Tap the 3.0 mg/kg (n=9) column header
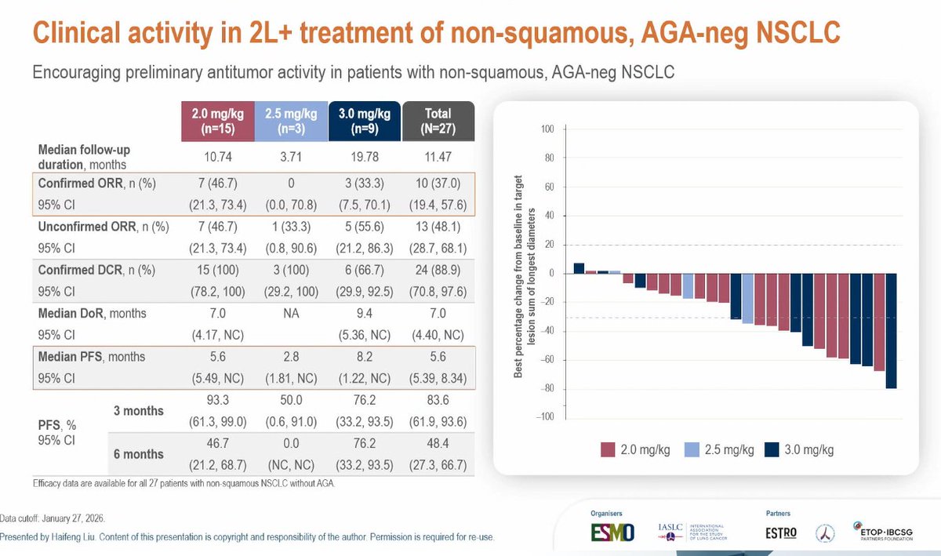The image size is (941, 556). tap(364, 121)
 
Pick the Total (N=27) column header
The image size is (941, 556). tap(438, 121)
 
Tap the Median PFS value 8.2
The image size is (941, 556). tap(364, 357)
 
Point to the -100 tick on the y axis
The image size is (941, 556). tap(544, 417)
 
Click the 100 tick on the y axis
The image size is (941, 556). tap(546, 129)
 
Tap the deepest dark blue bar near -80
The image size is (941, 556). tap(892, 330)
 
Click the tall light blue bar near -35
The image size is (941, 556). tap(747, 299)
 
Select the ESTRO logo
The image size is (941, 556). tap(780, 532)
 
